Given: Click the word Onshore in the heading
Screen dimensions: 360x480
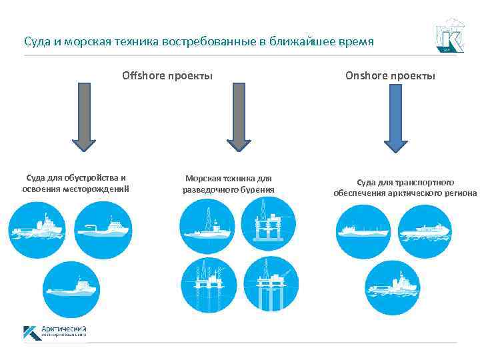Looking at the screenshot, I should [x=366, y=75].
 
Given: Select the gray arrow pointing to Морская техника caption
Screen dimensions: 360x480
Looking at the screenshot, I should [x=239, y=116].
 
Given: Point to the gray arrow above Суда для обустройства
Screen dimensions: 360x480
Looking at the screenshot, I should [x=83, y=116].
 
